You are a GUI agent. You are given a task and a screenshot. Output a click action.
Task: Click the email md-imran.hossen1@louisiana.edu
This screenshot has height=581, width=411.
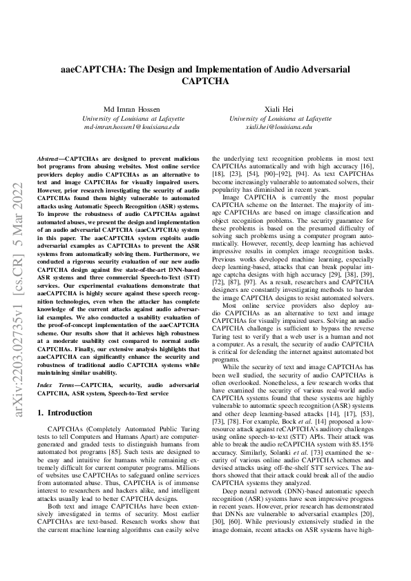(131, 128)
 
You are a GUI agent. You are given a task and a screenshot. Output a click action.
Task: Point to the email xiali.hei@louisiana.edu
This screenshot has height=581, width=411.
(279, 128)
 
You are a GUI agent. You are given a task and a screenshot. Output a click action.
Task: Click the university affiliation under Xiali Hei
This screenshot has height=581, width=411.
(279, 119)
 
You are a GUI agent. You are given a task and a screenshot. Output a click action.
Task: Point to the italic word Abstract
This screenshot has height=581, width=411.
(50, 158)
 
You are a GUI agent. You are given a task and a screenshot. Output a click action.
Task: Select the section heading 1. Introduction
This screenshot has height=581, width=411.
(64, 413)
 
